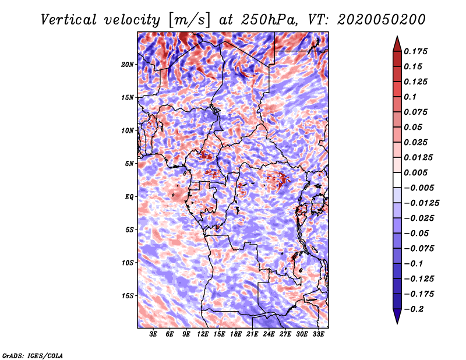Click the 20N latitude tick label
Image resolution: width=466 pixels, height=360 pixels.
tap(127, 65)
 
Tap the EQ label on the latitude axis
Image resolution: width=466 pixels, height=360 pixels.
tap(129, 197)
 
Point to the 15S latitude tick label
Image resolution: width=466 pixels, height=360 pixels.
tap(128, 296)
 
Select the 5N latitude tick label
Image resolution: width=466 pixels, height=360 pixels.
tap(129, 164)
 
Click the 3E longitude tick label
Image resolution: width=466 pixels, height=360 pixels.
tap(153, 334)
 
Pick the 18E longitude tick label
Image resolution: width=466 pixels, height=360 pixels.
tap(236, 334)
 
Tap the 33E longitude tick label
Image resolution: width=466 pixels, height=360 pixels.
tap(318, 334)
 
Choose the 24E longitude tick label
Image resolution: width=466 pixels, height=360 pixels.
tap(269, 334)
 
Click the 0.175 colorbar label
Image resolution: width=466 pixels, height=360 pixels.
tap(415, 51)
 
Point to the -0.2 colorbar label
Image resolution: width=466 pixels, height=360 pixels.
tap(414, 309)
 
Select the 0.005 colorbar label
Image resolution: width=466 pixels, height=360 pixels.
tap(415, 172)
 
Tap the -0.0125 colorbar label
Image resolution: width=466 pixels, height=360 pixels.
tap(421, 203)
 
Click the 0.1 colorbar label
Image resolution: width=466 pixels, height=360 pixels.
tap(410, 97)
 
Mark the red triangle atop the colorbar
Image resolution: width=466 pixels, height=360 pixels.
tap(397, 44)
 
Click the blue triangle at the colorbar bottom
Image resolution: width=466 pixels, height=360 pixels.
tap(397, 316)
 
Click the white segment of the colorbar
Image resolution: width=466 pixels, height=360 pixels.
tap(397, 180)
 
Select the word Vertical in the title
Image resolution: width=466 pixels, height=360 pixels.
tap(69, 20)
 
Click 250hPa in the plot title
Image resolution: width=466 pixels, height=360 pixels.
tap(269, 20)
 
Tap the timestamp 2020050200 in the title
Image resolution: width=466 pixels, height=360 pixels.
tap(382, 20)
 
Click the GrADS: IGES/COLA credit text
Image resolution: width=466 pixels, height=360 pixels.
tap(33, 356)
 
